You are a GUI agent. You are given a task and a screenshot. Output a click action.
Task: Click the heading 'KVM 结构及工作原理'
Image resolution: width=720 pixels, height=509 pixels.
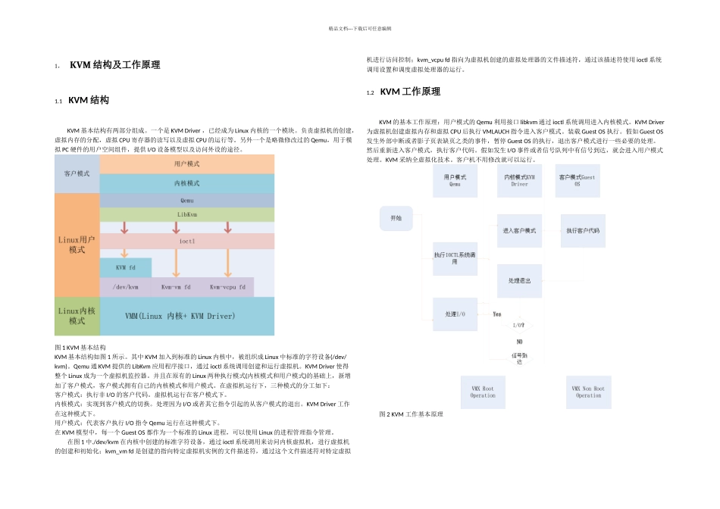114,65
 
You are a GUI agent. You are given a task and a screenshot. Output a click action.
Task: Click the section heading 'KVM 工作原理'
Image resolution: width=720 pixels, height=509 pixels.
409,92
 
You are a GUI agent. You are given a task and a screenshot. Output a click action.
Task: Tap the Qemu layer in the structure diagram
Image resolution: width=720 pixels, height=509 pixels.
186,201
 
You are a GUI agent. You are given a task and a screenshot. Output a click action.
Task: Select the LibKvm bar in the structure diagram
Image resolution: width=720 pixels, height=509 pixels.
186,214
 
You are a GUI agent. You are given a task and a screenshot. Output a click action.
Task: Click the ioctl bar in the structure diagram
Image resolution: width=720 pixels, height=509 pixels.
186,241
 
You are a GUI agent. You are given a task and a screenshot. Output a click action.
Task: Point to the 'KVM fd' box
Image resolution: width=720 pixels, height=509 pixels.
126,267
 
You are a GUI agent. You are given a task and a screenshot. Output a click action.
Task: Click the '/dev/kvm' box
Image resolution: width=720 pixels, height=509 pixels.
126,287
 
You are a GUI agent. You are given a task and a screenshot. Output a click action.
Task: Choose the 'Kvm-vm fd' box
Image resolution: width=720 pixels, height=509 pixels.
176,287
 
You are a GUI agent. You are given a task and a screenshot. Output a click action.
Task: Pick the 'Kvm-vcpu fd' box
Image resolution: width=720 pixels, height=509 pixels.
227,287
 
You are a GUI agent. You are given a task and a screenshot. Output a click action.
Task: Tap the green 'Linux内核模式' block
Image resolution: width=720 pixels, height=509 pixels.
77,316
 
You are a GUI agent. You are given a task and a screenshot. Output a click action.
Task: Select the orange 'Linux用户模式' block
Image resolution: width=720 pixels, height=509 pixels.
77,244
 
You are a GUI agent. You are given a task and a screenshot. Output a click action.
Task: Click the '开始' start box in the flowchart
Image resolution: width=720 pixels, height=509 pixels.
396,218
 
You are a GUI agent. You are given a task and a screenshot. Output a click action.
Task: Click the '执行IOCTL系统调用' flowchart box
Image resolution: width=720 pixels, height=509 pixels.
455,258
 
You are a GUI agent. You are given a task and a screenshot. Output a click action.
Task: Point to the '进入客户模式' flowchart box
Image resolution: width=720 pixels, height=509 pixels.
519,230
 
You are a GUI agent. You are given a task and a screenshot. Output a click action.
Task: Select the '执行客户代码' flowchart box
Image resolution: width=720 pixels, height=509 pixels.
583,230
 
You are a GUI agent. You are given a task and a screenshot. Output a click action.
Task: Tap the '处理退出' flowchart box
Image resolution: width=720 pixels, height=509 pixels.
519,280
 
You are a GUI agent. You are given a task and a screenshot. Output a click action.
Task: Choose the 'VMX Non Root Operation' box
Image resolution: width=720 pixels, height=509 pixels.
588,392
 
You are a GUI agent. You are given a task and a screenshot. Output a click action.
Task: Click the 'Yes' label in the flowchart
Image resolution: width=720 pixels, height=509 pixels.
496,314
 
